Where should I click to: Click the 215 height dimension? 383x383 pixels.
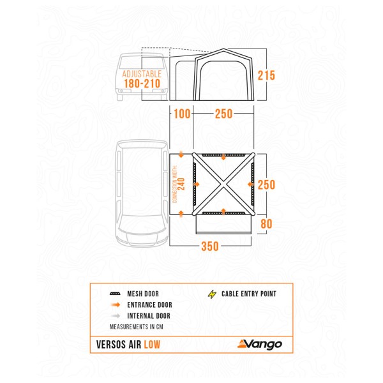266,75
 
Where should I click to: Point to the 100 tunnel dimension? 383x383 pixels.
181,114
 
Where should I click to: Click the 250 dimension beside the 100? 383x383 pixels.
223,114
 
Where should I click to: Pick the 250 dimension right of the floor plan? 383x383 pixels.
266,184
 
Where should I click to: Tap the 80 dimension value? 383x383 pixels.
266,223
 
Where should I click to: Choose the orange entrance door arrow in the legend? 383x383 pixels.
116,305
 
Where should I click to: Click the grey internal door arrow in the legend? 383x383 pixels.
116,316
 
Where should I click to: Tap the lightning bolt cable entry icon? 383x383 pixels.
212,294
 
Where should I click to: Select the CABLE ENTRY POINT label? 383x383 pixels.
249,295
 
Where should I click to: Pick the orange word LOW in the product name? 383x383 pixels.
152,345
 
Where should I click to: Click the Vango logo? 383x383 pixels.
259,345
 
